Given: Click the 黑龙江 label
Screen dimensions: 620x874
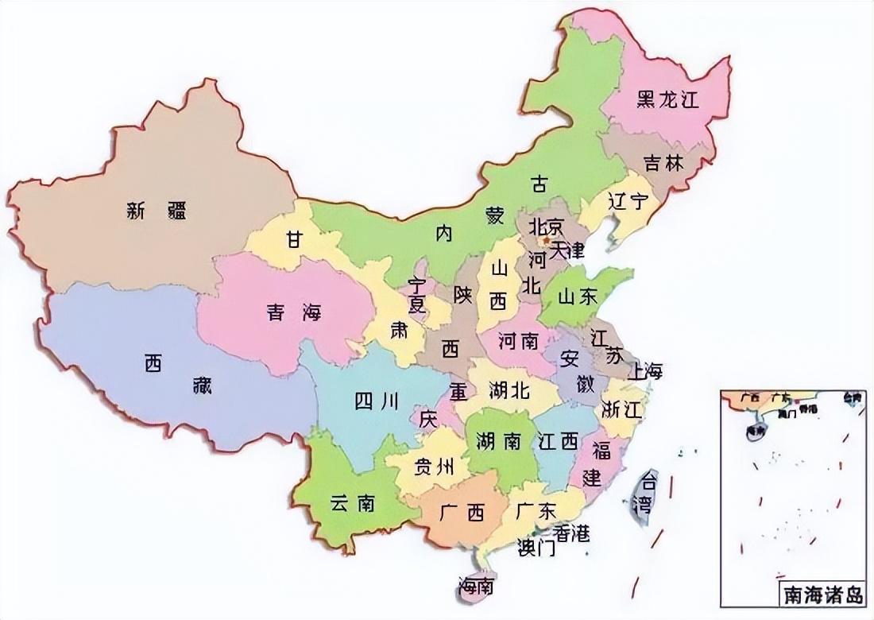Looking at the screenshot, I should (x=667, y=99).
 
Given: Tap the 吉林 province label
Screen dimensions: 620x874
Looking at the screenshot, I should (x=663, y=163).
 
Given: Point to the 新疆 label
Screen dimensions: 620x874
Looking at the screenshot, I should (x=157, y=211).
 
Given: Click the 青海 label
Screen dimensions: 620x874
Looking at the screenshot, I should (x=293, y=312).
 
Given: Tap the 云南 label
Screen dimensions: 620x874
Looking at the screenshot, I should (x=352, y=503).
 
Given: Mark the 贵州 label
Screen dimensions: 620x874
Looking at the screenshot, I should (x=434, y=467).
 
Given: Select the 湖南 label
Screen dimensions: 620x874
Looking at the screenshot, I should (x=497, y=442).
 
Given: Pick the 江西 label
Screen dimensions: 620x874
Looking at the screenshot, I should (x=557, y=442).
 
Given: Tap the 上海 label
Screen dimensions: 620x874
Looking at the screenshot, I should (x=644, y=371).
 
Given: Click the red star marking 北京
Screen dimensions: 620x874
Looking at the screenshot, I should (x=546, y=238).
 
